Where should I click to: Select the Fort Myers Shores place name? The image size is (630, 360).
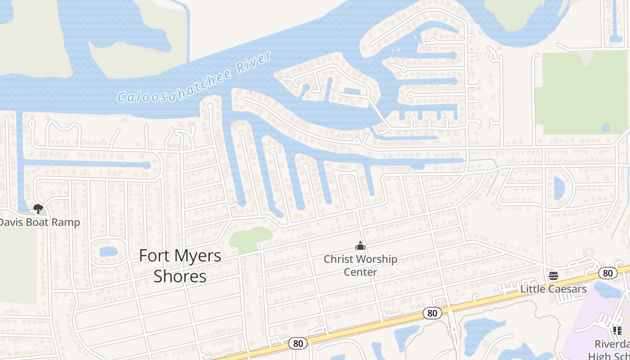tap(180, 265)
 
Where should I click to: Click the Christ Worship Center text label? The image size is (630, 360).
tap(360, 265)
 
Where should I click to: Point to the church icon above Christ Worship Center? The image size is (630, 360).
tap(360, 246)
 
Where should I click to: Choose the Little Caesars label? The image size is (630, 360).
tap(553, 288)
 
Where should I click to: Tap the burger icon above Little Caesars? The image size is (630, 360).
tap(553, 275)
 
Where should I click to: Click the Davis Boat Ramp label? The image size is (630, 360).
tap(40, 222)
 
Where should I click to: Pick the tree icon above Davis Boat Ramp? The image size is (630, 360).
tap(38, 208)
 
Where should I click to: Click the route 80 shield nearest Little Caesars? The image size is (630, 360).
tap(607, 273)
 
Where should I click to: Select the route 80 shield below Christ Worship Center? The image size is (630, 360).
tap(432, 313)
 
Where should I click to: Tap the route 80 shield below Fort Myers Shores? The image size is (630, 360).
tap(298, 344)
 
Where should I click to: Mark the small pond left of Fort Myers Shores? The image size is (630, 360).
tap(108, 251)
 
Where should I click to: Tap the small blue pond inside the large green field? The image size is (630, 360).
tap(606, 127)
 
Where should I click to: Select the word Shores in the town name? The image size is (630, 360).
tap(180, 276)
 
